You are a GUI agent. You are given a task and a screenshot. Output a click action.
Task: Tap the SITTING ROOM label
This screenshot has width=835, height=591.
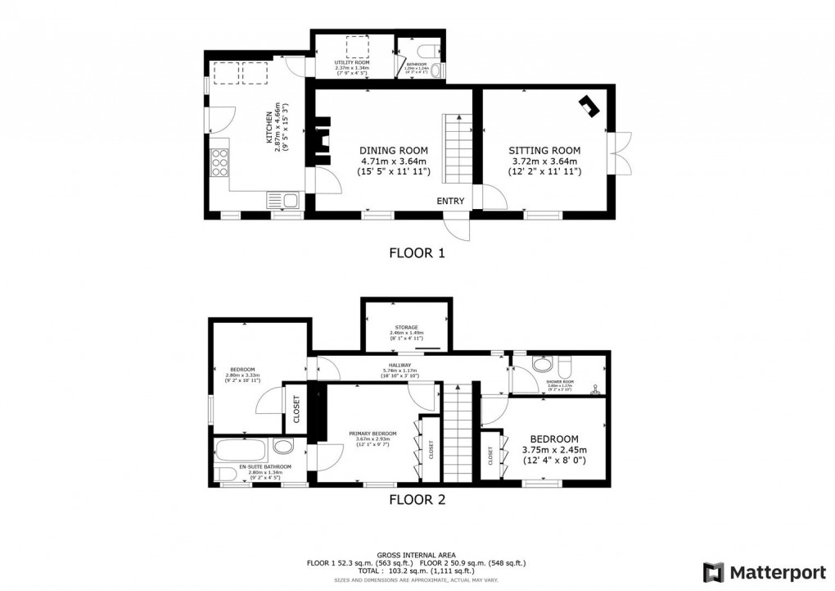[x=544, y=151]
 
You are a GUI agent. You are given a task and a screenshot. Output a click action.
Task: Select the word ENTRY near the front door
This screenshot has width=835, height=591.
[x=450, y=202]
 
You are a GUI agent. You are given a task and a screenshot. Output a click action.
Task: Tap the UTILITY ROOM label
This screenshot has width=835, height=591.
[x=351, y=62]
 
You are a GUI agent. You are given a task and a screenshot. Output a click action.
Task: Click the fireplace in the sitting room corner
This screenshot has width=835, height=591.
[x=589, y=106]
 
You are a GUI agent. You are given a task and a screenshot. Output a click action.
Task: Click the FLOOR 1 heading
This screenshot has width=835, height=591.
[x=417, y=253]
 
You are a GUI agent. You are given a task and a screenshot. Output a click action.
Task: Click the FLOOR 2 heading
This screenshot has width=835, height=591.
[x=417, y=498]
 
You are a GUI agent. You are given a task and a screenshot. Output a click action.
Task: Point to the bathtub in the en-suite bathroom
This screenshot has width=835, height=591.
[x=241, y=448]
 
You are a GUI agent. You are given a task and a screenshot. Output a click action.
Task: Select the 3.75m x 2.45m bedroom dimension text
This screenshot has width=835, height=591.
[x=554, y=450]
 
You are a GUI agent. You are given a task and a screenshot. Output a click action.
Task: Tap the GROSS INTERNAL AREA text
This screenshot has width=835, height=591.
[x=417, y=555]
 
